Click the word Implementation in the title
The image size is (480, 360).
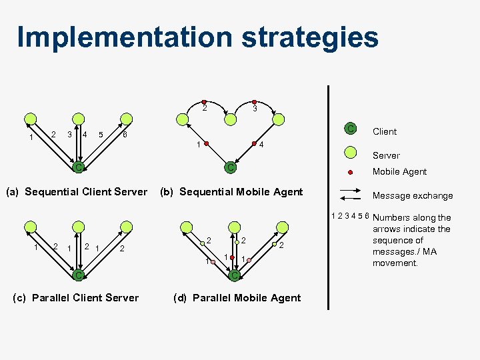coord(124,37)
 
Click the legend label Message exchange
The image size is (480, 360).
coord(412,195)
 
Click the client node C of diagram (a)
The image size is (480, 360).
coord(78,167)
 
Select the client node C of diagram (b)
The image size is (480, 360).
coord(230,167)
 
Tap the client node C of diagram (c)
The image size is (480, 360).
coord(78,275)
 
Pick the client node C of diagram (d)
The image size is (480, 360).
coord(234,275)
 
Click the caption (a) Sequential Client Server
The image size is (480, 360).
coord(76,192)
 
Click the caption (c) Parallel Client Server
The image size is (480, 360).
coord(76,297)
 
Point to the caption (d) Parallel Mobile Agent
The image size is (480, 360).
coord(237,297)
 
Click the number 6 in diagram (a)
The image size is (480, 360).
coord(125,135)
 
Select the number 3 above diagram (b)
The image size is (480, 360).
coord(255,109)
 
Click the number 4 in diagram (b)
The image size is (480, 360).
coord(262,145)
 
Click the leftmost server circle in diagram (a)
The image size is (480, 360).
coord(29,119)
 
